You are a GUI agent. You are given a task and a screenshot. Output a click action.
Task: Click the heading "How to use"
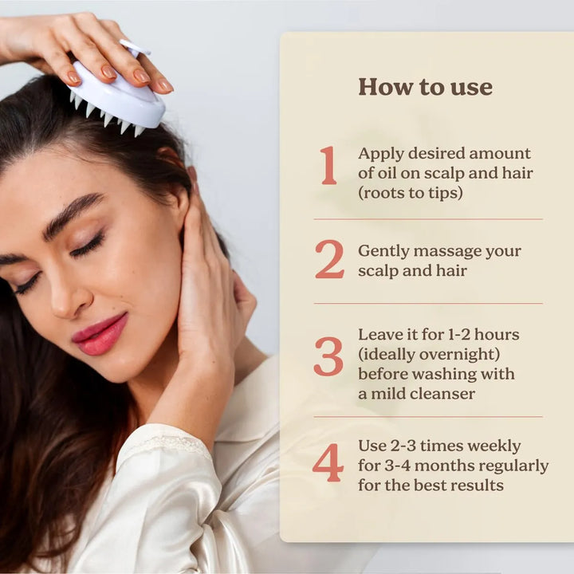pyautogui.click(x=425, y=87)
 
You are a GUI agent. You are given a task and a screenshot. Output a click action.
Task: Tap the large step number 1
pyautogui.click(x=328, y=165)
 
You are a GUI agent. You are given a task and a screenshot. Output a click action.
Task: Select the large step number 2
pyautogui.click(x=328, y=260)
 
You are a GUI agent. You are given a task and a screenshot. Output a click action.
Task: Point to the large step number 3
pyautogui.click(x=328, y=356)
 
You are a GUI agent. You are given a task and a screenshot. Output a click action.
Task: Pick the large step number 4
pyautogui.click(x=328, y=463)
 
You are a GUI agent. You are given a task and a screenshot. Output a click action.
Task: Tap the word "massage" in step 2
pyautogui.click(x=442, y=251)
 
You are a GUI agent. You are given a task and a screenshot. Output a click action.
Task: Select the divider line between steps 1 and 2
pyautogui.click(x=428, y=219)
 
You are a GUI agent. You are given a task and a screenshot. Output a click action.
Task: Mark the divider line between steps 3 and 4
pyautogui.click(x=428, y=416)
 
